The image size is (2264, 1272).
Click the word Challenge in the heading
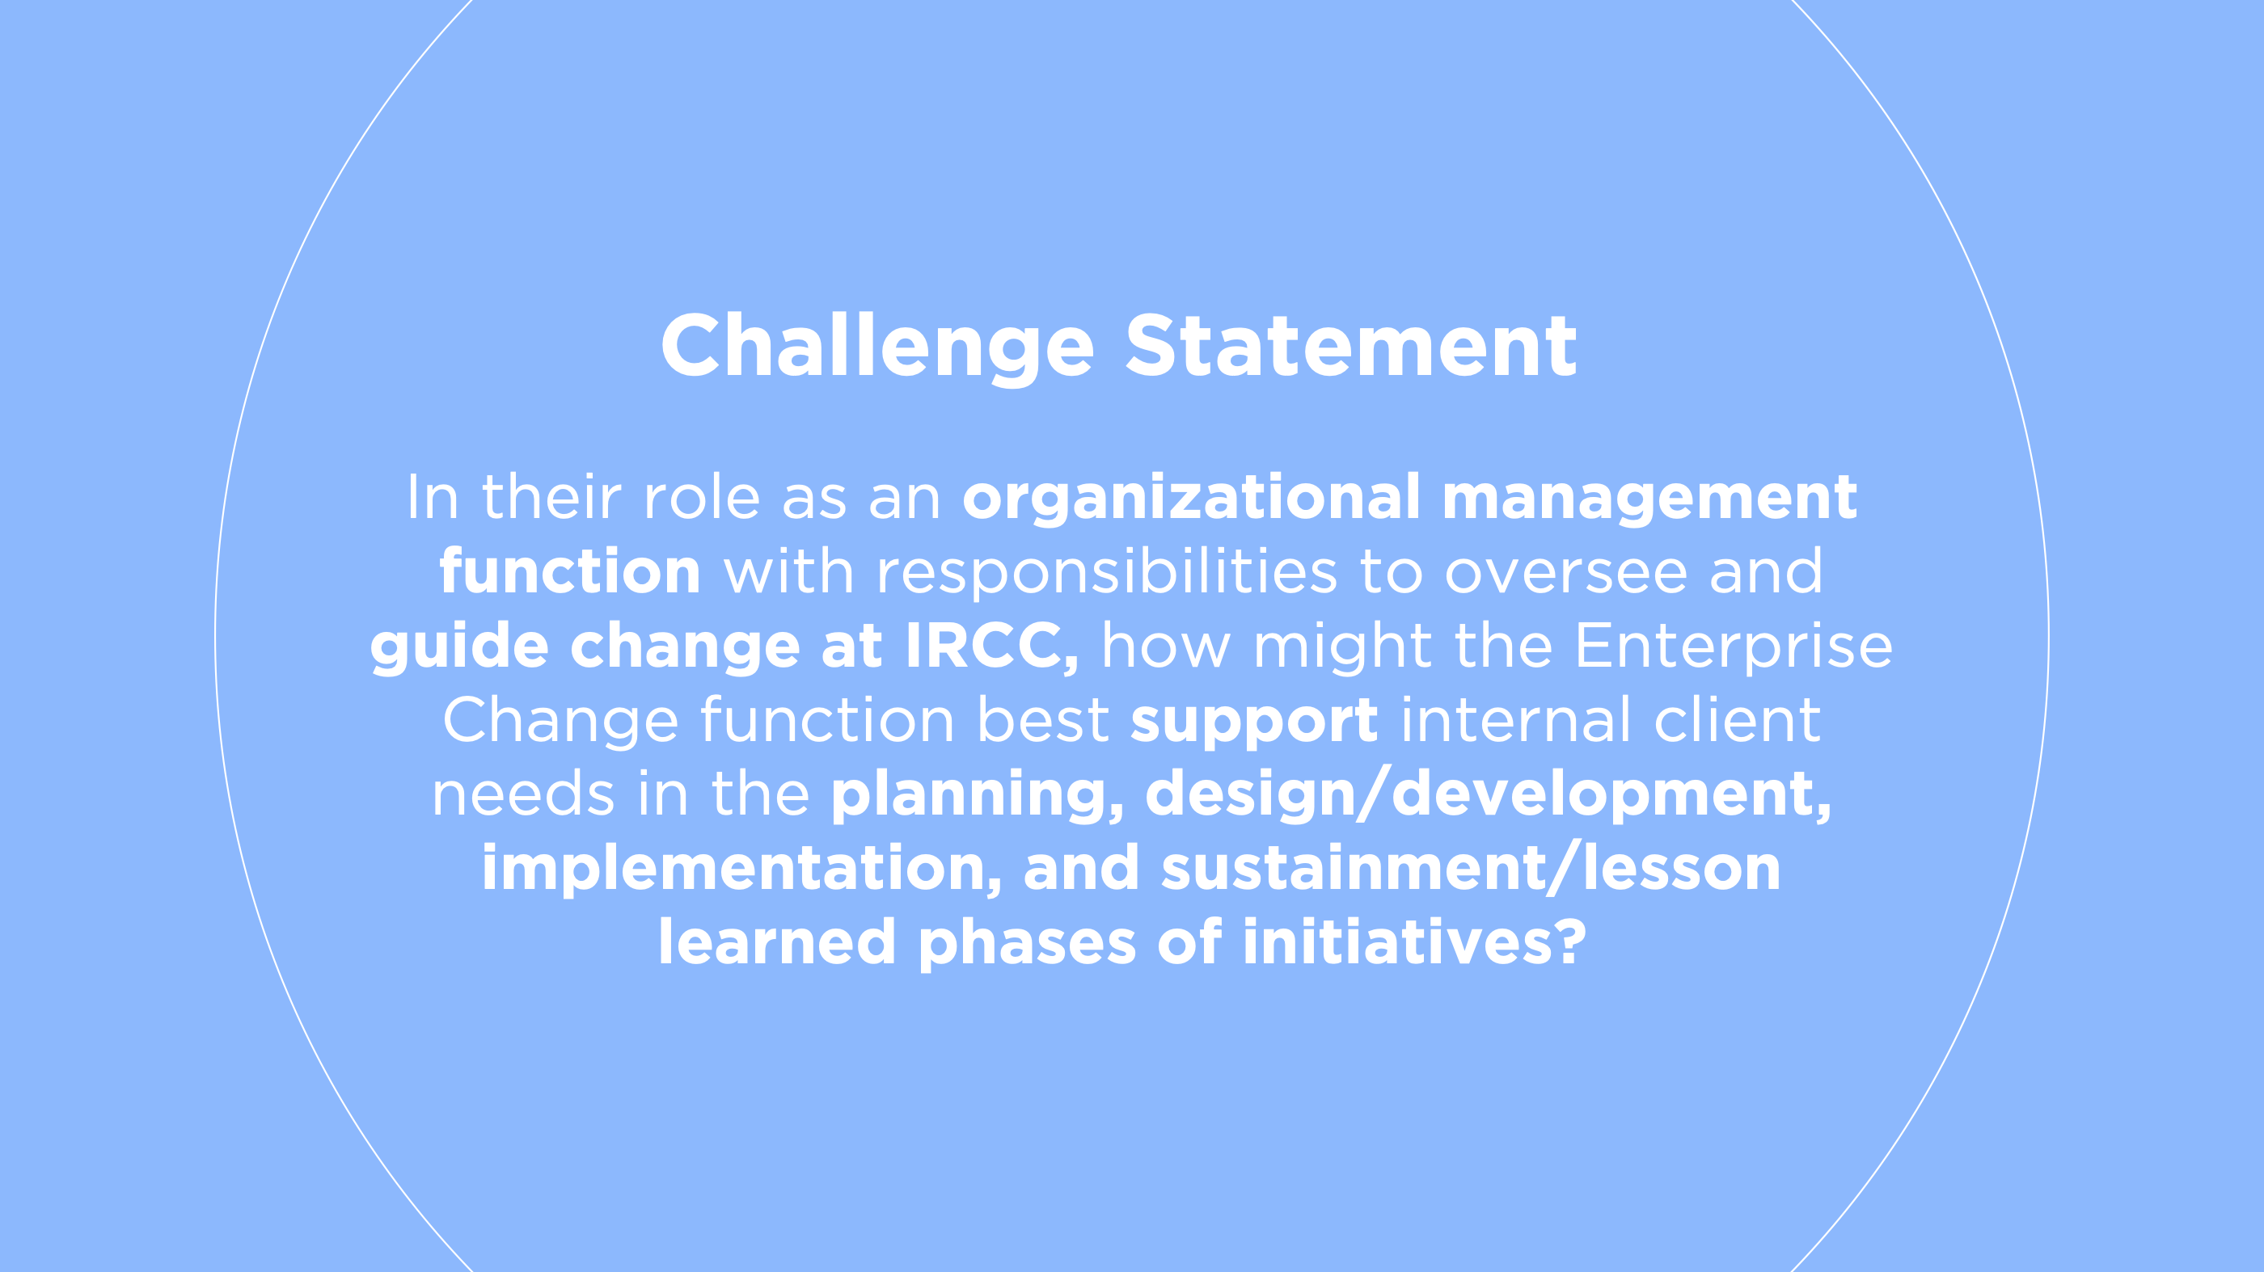[876, 347]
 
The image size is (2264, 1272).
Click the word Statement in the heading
[1351, 347]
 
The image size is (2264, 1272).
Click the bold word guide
[458, 647]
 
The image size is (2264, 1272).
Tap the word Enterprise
[1732, 647]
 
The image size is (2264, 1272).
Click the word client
[1737, 720]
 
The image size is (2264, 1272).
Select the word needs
[522, 795]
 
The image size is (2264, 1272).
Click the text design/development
[1487, 795]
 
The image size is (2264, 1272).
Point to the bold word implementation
[741, 869]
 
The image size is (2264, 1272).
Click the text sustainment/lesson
[1470, 869]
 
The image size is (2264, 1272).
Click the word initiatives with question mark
[1413, 942]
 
